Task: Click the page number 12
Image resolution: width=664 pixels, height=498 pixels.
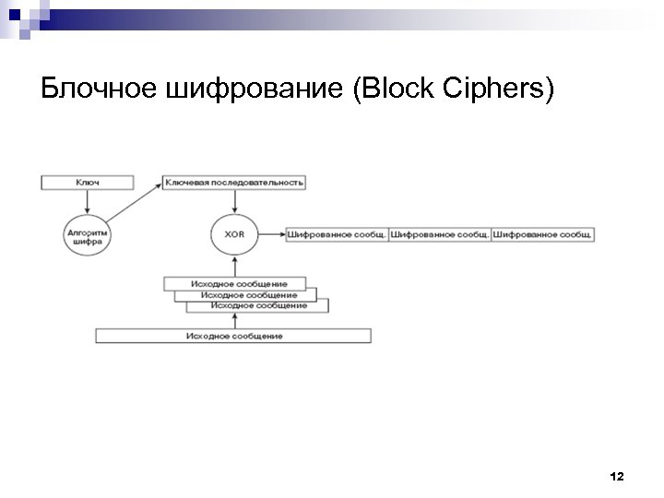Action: pyautogui.click(x=617, y=476)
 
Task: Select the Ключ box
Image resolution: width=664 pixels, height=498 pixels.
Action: pyautogui.click(x=88, y=183)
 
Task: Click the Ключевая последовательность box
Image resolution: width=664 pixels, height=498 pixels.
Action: pyautogui.click(x=234, y=183)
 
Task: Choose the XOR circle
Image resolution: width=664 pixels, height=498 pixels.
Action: pyautogui.click(x=234, y=234)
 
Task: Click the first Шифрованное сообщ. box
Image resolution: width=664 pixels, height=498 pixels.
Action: pyautogui.click(x=337, y=234)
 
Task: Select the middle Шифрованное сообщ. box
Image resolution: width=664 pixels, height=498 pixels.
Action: pyautogui.click(x=439, y=234)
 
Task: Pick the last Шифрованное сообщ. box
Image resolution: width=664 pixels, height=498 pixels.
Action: pyautogui.click(x=542, y=234)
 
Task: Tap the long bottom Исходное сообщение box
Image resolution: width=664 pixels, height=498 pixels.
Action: pyautogui.click(x=234, y=336)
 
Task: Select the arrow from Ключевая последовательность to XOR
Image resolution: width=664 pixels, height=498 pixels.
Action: pyautogui.click(x=234, y=201)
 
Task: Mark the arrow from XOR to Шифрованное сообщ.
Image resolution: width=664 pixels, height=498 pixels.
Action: pyautogui.click(x=271, y=234)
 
